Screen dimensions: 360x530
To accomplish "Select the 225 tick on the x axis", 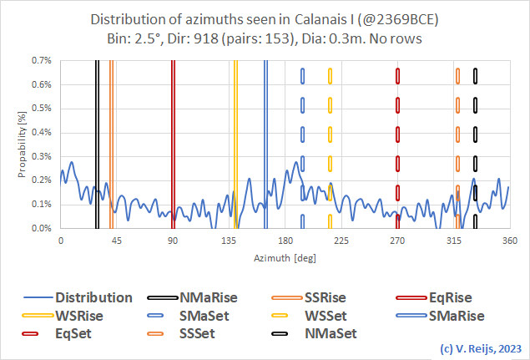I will (341, 241).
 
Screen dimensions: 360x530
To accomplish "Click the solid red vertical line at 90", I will (173, 142).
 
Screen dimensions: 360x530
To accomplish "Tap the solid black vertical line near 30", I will (97, 142).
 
